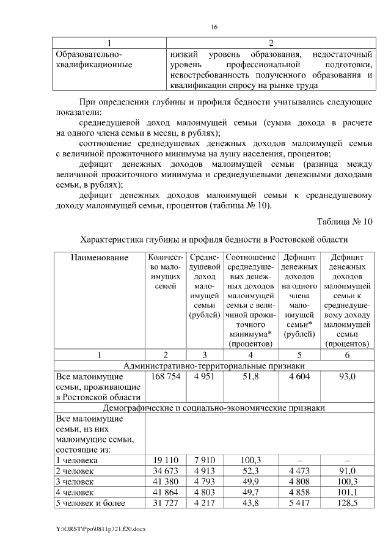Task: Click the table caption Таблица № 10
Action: click(345, 221)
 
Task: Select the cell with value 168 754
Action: click(166, 376)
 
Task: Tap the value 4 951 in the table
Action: click(205, 376)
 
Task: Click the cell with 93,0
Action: click(346, 376)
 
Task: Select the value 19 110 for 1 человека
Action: click(166, 460)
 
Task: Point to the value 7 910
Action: click(205, 460)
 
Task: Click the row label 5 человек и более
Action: click(90, 503)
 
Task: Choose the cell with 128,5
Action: click(346, 503)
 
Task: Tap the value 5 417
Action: click(298, 503)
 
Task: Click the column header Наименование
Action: click(99, 258)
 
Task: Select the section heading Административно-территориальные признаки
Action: click(214, 365)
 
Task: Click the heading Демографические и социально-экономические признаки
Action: click(214, 407)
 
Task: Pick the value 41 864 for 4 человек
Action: click(166, 492)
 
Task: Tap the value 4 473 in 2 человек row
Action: click(298, 471)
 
